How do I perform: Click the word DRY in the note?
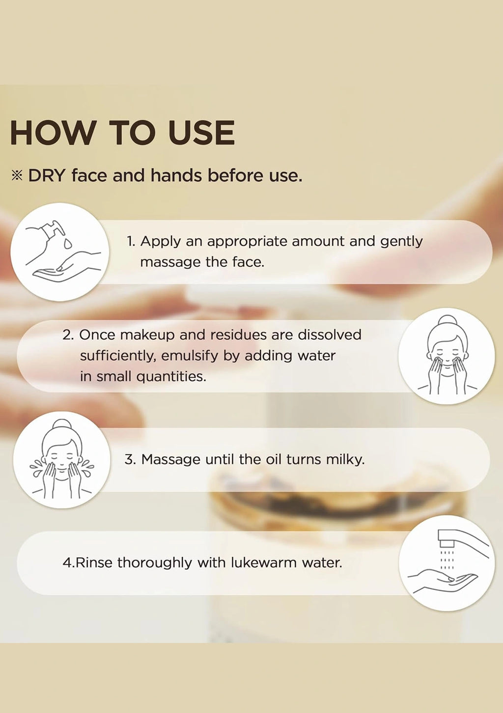[x=47, y=175]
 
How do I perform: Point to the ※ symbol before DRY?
[x=17, y=176]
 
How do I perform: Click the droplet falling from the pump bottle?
[x=67, y=244]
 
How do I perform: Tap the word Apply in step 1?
[x=160, y=242]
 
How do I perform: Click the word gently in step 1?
[x=401, y=242]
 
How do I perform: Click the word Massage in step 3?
[x=171, y=460]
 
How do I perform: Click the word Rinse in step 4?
[x=94, y=563]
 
